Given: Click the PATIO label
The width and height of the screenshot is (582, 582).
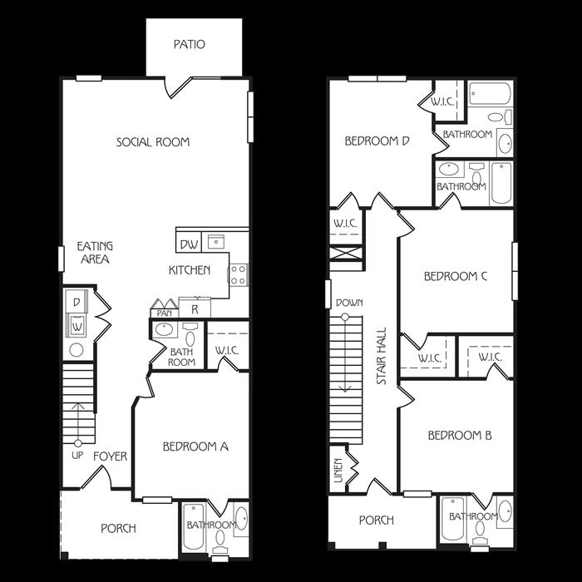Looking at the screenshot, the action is (x=190, y=45).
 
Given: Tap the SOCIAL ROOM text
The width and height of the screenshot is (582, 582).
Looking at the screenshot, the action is (x=153, y=142).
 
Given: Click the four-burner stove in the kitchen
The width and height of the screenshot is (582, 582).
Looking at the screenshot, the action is (x=239, y=275).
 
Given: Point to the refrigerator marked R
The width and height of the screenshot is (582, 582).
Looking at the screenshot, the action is (x=195, y=308).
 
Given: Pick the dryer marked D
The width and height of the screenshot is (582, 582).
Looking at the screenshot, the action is (x=76, y=302).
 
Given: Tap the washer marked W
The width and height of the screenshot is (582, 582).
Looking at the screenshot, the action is (x=76, y=326).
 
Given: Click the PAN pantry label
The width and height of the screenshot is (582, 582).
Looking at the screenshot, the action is (x=164, y=313).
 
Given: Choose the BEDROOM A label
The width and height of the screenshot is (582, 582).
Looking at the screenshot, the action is (x=195, y=446).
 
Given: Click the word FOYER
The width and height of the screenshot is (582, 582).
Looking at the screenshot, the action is (x=111, y=456).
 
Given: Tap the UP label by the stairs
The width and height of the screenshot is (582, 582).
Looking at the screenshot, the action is (x=77, y=456).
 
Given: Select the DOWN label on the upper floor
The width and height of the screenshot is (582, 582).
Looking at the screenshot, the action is (x=349, y=303).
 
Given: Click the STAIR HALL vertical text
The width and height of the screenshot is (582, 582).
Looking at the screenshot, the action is (x=382, y=356).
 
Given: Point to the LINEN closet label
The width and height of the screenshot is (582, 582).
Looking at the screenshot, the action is (x=338, y=471).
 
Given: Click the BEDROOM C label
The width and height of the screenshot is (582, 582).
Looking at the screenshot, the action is (x=456, y=277).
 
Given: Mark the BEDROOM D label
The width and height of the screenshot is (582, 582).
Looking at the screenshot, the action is (x=377, y=141).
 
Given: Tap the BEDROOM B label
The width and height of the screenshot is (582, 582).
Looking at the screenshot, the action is (x=460, y=435).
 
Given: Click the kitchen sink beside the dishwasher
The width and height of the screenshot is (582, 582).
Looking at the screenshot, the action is (x=215, y=242).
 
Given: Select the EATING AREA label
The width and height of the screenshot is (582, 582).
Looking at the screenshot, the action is (x=95, y=253).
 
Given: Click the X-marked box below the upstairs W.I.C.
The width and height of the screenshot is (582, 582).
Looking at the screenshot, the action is (x=346, y=254).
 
